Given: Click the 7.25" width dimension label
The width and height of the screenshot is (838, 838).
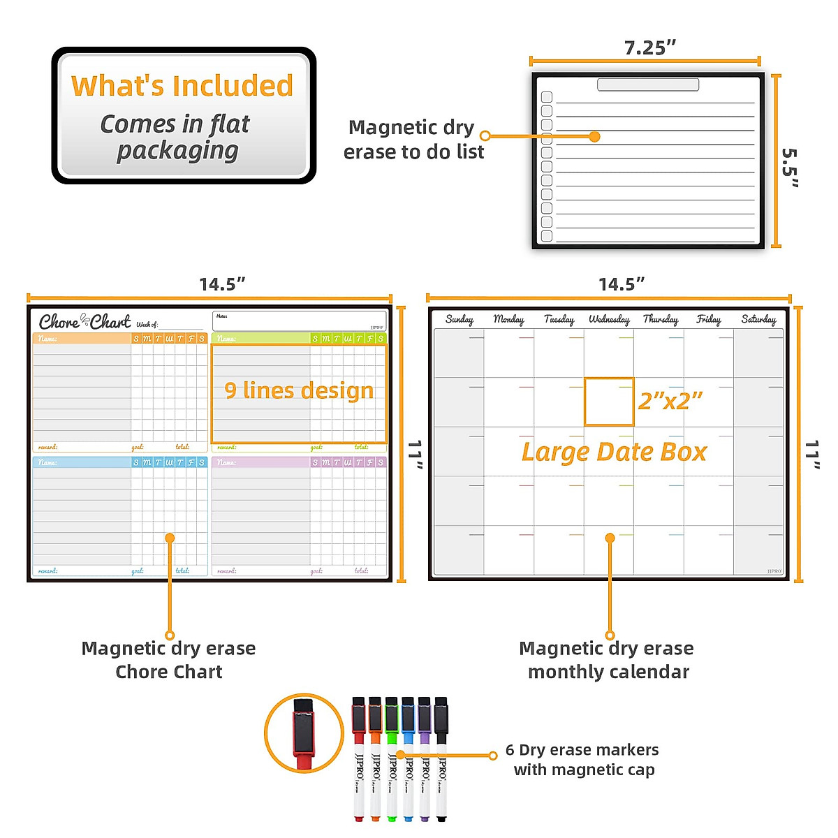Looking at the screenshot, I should click(649, 47).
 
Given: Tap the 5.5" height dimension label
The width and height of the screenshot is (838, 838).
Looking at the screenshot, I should click(790, 168).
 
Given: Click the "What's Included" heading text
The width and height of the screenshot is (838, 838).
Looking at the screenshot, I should click(182, 86).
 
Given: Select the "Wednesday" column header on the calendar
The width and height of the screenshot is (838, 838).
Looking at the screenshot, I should click(609, 319).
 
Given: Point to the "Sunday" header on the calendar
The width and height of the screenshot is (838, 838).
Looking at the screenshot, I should click(459, 319).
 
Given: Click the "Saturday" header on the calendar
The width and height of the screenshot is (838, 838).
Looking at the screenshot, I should click(758, 319).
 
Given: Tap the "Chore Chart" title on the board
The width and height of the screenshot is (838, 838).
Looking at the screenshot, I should click(84, 321).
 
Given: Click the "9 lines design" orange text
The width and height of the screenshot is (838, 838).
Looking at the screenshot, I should click(299, 390).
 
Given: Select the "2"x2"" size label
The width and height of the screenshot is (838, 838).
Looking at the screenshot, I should click(670, 401).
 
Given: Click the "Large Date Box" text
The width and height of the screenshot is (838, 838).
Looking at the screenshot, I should click(614, 452).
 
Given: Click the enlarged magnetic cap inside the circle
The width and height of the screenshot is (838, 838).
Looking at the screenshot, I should click(304, 733).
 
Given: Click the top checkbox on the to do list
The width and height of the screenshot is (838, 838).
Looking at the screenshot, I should click(547, 97).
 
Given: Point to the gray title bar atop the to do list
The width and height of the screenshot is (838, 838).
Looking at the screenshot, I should click(648, 84).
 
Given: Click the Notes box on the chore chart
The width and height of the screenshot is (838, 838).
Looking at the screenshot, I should click(299, 321).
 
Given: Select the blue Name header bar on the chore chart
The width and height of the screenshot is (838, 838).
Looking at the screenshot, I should click(82, 462).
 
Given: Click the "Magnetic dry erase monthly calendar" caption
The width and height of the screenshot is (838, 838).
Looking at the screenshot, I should click(607, 660).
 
